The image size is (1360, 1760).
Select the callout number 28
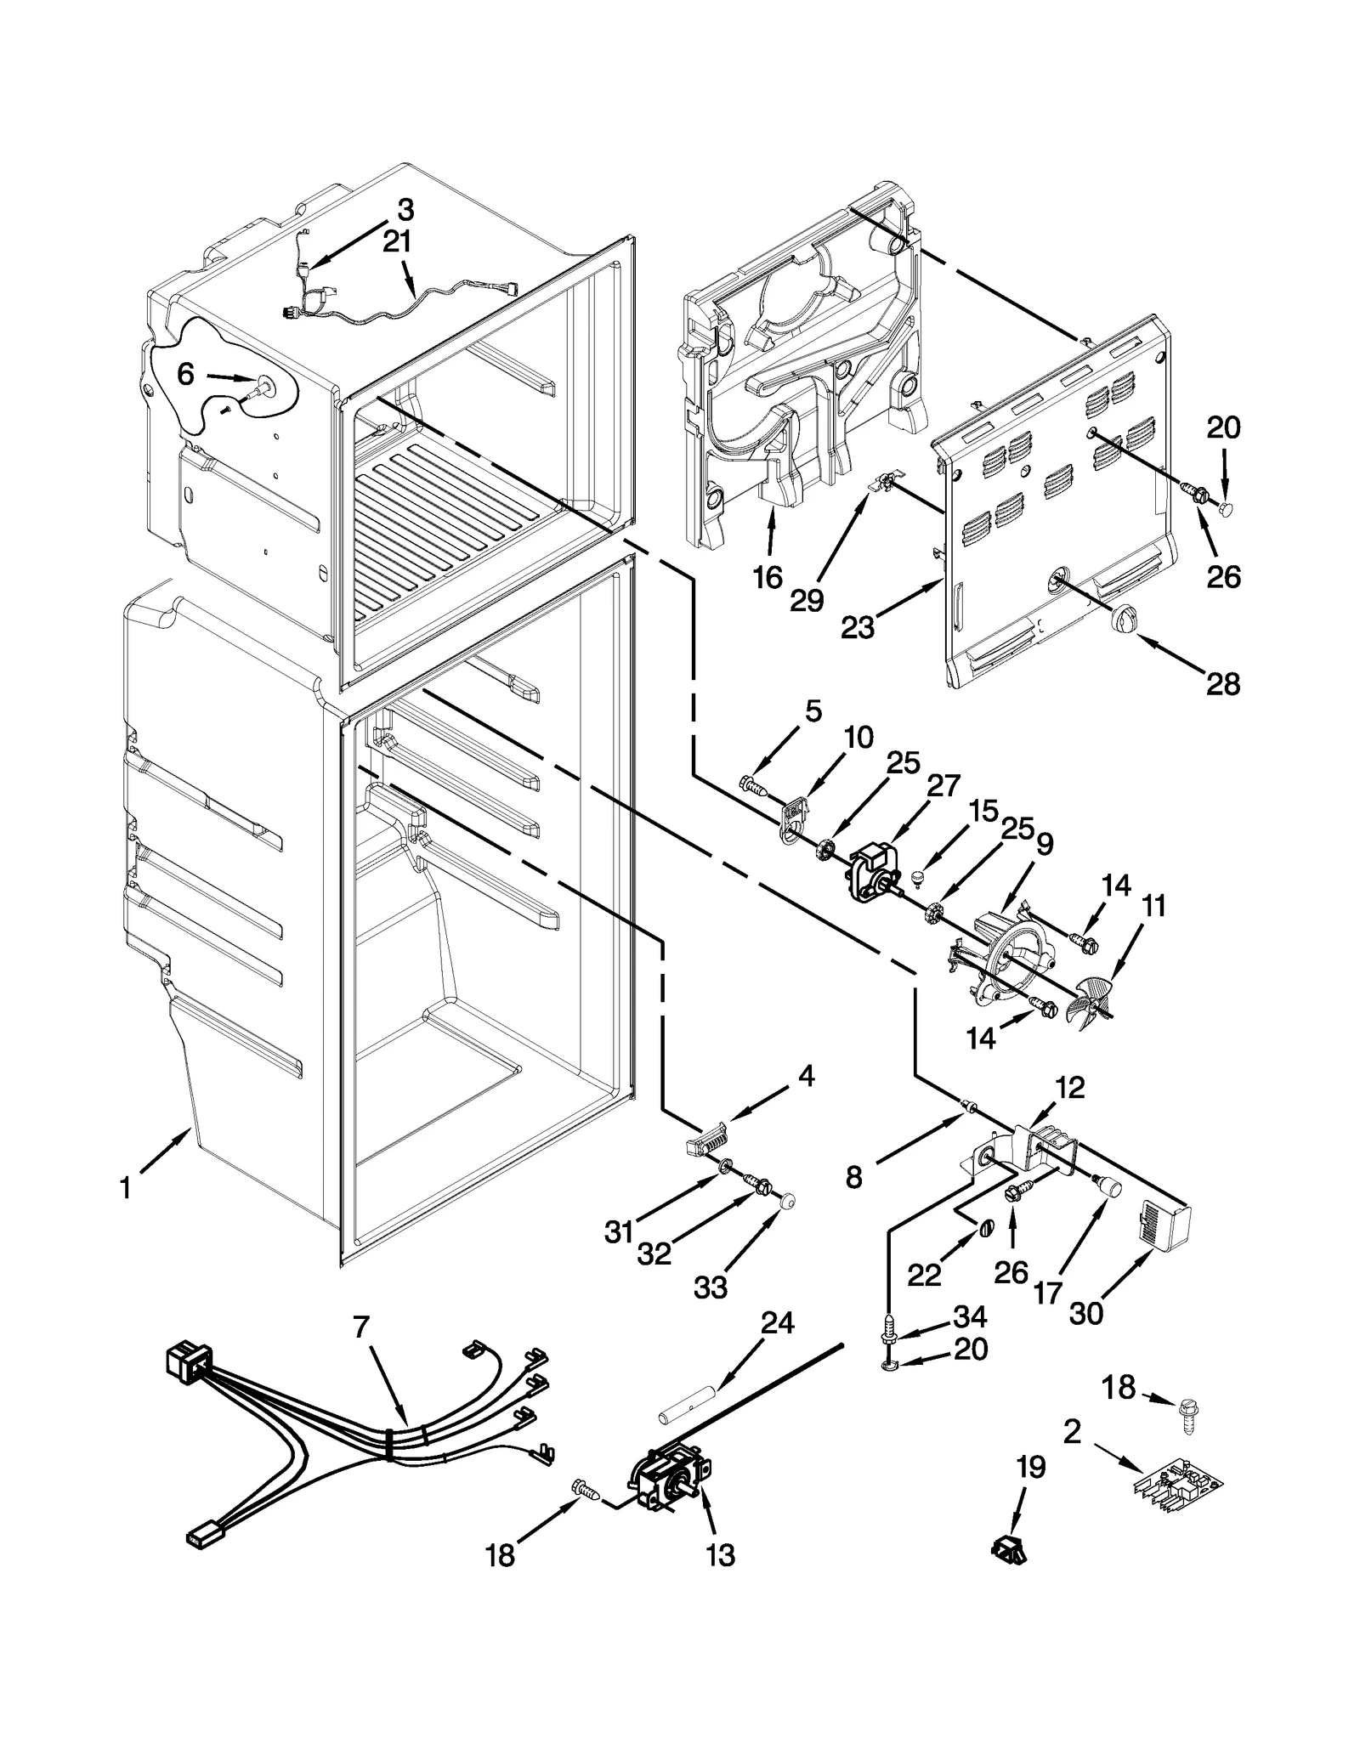[x=1223, y=683]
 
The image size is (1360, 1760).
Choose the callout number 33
[x=711, y=1288]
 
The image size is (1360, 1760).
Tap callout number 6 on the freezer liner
[x=186, y=373]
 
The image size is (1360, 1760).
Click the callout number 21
[x=397, y=242]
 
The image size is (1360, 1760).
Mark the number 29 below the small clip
[x=807, y=600]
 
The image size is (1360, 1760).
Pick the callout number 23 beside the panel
[x=858, y=628]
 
